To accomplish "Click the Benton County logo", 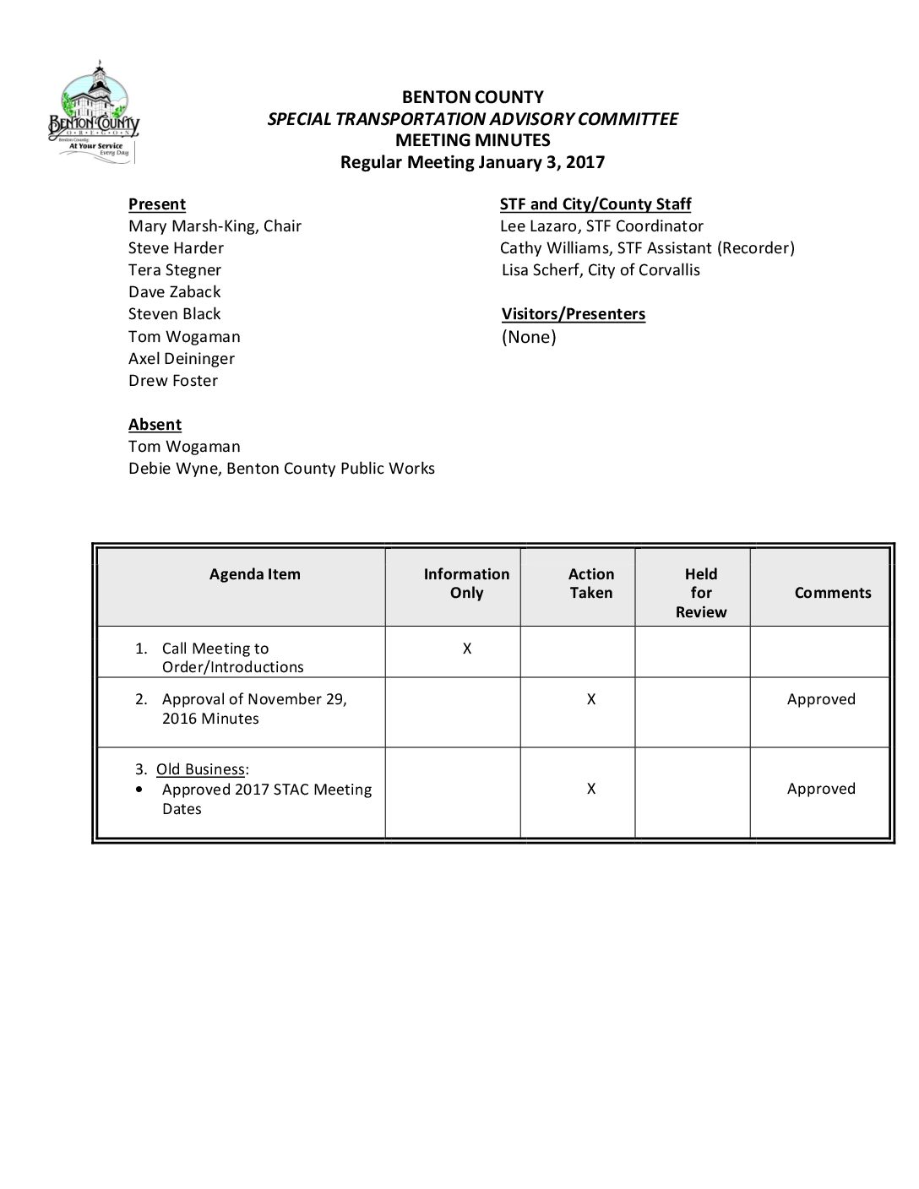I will (94, 112).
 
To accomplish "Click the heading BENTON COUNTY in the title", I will (472, 97).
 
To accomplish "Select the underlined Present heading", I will (157, 204).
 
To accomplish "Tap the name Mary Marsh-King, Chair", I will (215, 226).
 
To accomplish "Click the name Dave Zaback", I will (174, 292).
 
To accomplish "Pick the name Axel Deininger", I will (181, 359).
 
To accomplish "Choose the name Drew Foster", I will (172, 381).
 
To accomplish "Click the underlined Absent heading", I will (155, 425).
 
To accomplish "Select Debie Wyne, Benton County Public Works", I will (281, 469).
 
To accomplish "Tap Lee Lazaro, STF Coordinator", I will (601, 226).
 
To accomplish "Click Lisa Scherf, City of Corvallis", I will (600, 270).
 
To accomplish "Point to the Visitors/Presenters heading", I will (573, 314).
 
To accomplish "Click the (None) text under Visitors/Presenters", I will (529, 337).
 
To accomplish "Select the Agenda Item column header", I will (254, 574).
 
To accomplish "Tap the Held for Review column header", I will (700, 593).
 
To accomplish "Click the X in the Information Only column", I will (466, 649).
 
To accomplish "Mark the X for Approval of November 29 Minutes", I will (590, 699).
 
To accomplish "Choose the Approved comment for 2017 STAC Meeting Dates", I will (820, 789).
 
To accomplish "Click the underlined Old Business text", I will (200, 769).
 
